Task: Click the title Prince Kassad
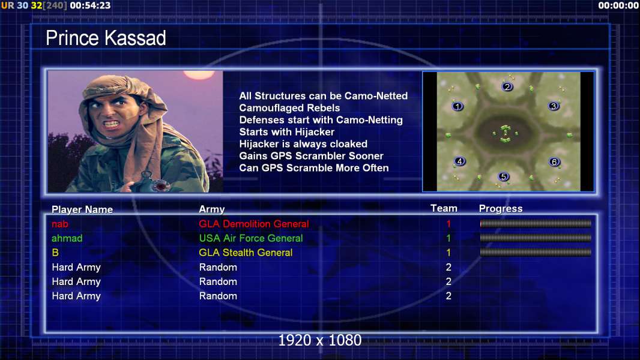pyautogui.click(x=106, y=38)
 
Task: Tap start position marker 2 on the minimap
pyautogui.click(x=507, y=87)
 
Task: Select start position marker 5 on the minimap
pyautogui.click(x=504, y=176)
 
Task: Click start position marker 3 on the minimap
pyautogui.click(x=554, y=106)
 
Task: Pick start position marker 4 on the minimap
pyautogui.click(x=460, y=161)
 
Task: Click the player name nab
pyautogui.click(x=60, y=224)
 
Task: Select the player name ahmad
pyautogui.click(x=67, y=238)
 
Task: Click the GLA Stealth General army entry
pyautogui.click(x=246, y=253)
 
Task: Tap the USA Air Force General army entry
pyautogui.click(x=251, y=238)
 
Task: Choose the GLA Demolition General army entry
pyautogui.click(x=254, y=224)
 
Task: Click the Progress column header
pyautogui.click(x=501, y=209)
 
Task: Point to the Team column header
pyautogui.click(x=444, y=208)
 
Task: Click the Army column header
pyautogui.click(x=212, y=209)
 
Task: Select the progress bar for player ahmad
pyautogui.click(x=536, y=238)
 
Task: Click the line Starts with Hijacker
pyautogui.click(x=287, y=132)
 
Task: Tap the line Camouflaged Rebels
pyautogui.click(x=289, y=108)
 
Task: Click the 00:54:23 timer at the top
pyautogui.click(x=90, y=6)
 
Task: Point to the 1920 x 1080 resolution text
pyautogui.click(x=320, y=340)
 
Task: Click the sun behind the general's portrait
pyautogui.click(x=199, y=74)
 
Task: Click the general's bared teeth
pyautogui.click(x=112, y=123)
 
